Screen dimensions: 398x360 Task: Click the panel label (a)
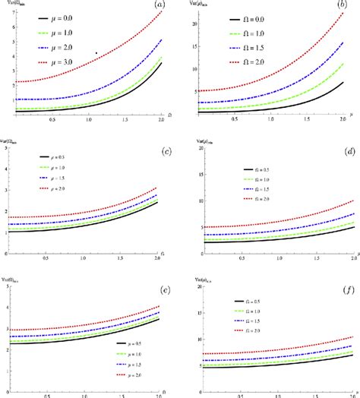point(158,6)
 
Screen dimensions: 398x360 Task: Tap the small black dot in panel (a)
point(96,53)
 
